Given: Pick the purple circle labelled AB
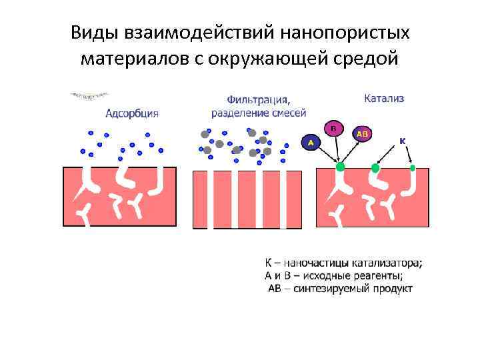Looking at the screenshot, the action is click(x=363, y=134).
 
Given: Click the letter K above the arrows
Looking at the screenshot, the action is click(x=403, y=141).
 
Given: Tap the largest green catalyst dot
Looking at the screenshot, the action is click(x=341, y=167).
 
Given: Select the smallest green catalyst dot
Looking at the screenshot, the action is click(x=413, y=167).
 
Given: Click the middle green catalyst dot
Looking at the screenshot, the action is click(x=375, y=168).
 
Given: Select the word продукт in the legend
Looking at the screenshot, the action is click(x=392, y=289).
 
